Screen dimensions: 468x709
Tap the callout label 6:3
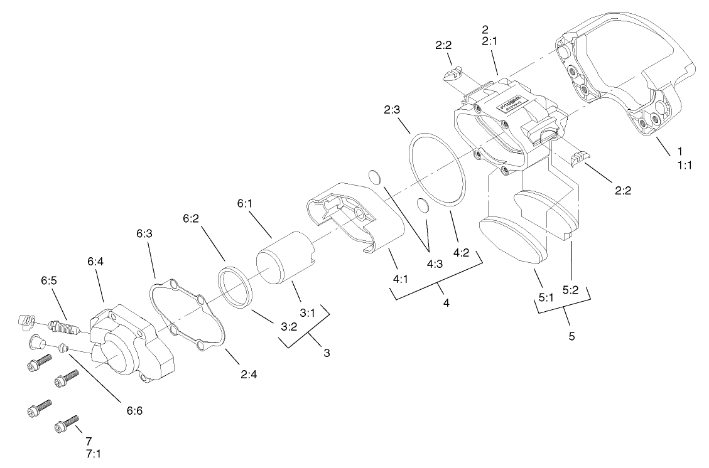click(144, 233)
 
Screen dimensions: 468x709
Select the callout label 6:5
click(50, 281)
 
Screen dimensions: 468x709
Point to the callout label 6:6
click(134, 411)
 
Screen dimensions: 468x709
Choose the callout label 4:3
click(435, 265)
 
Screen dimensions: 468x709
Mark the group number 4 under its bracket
click(446, 304)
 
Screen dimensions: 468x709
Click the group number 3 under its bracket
click(327, 353)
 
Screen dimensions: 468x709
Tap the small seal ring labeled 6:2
click(235, 287)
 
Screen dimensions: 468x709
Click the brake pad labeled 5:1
click(510, 239)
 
